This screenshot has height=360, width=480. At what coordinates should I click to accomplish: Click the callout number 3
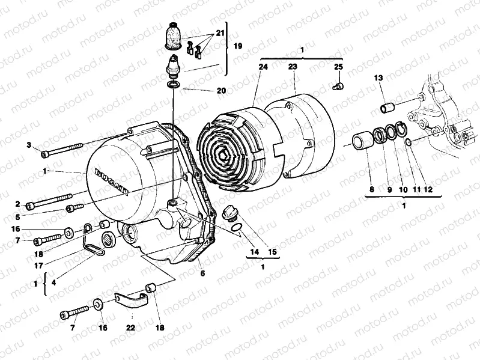point(28,145)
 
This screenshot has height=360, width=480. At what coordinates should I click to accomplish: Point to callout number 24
point(262,69)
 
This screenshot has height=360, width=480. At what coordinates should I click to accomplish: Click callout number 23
point(293,69)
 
